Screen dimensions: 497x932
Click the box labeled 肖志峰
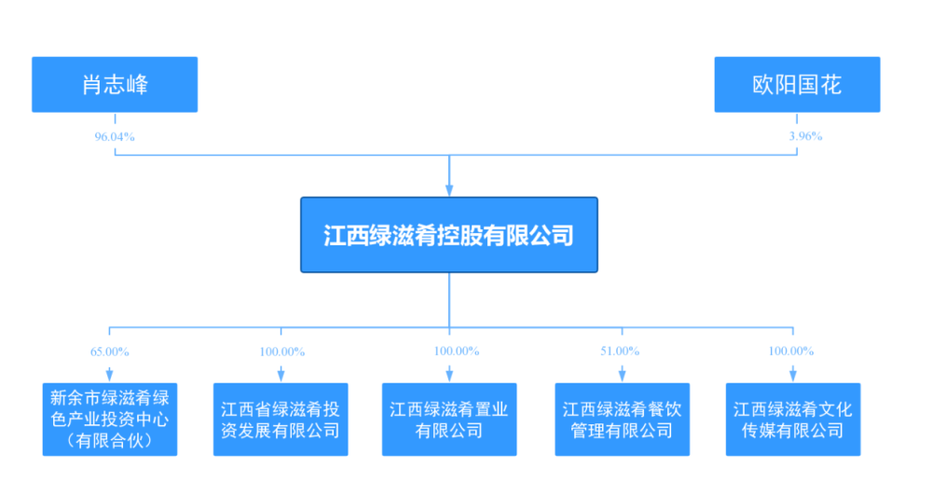(115, 85)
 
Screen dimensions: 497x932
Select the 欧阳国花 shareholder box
(797, 85)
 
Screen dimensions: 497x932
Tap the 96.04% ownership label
(115, 136)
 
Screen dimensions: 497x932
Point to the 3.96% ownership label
(805, 136)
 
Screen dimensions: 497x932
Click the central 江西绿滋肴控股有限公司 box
(448, 235)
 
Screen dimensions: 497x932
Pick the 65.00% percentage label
(109, 352)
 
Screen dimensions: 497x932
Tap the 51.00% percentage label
(621, 352)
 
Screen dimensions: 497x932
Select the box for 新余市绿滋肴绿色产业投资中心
(109, 419)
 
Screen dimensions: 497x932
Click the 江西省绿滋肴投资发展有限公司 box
(280, 420)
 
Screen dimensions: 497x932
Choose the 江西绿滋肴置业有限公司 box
(449, 420)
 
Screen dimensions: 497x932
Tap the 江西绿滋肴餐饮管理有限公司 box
(622, 420)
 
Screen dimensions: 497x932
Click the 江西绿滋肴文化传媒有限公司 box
(792, 420)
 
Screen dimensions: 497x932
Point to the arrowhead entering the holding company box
(449, 190)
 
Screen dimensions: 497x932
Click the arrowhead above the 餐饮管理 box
(622, 376)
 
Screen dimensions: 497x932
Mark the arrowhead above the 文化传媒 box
(792, 376)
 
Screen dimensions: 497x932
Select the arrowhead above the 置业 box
(449, 376)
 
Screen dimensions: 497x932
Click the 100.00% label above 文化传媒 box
(791, 352)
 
